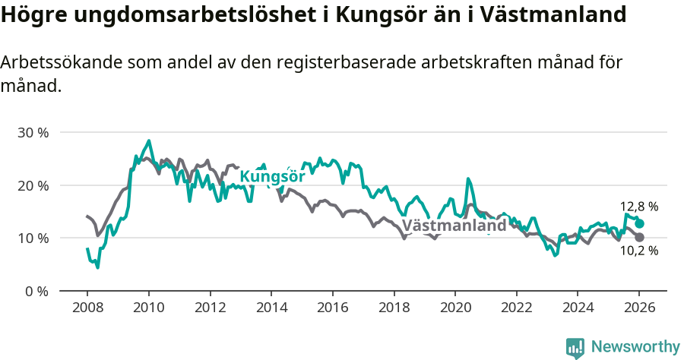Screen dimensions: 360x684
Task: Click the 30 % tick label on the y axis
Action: coord(33,133)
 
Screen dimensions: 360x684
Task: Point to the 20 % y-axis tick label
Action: coord(33,185)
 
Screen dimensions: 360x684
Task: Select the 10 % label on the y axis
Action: coord(33,238)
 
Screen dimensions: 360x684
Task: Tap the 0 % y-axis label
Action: coord(36,291)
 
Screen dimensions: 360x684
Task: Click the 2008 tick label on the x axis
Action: coord(87,308)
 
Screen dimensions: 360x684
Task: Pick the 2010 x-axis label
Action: coord(149,308)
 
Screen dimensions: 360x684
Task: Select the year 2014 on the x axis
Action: coord(271,308)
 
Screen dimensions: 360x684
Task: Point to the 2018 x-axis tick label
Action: coord(394,308)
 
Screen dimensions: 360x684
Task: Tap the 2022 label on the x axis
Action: coord(516,308)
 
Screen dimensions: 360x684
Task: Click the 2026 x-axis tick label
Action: coord(639,308)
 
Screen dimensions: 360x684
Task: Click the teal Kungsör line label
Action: coord(272,177)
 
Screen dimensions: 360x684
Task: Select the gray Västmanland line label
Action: coord(454,226)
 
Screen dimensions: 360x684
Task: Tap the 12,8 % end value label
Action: coord(639,207)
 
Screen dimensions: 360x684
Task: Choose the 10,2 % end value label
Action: coord(639,251)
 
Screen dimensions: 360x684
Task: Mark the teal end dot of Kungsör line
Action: coord(640,224)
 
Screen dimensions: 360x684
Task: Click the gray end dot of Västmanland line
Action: coord(639,238)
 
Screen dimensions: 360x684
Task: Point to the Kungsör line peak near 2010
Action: coord(149,141)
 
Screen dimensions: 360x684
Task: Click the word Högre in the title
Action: coord(31,15)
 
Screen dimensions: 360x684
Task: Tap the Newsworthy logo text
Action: coord(635,347)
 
